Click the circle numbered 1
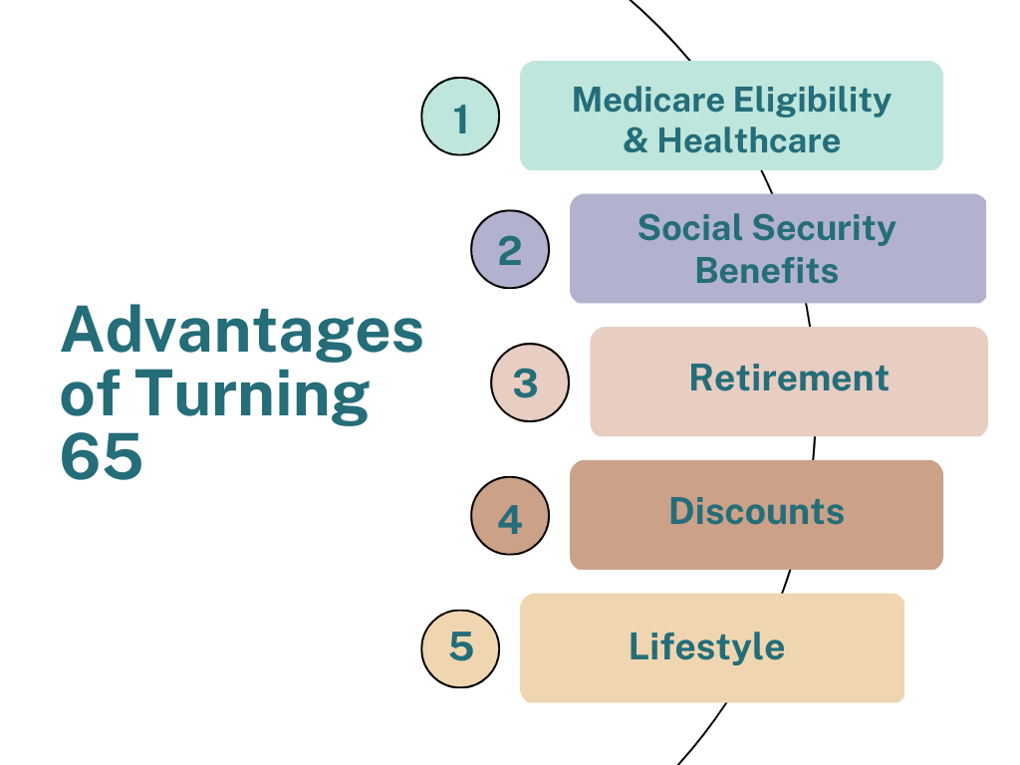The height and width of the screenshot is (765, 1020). click(x=460, y=117)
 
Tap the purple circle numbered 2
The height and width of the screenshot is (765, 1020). click(x=510, y=249)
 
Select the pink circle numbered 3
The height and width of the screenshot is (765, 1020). click(x=530, y=382)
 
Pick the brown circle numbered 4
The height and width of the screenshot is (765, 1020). click(x=510, y=516)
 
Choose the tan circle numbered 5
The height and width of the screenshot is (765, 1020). click(x=460, y=648)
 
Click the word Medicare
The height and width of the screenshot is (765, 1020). click(x=648, y=101)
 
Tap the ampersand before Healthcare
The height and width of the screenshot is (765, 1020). click(x=636, y=141)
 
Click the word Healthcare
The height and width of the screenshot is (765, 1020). click(x=749, y=140)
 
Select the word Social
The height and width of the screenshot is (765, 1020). click(x=690, y=228)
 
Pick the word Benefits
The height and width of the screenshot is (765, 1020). click(x=767, y=270)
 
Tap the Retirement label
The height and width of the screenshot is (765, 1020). click(x=789, y=378)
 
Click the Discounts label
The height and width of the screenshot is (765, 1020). click(x=757, y=511)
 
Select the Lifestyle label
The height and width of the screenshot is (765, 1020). click(x=707, y=647)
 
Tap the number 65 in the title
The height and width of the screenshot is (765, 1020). click(x=101, y=456)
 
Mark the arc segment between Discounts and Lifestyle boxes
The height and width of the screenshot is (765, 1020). click(x=787, y=582)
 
